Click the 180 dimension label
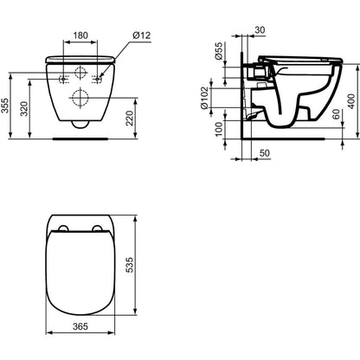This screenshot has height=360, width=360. (80, 35)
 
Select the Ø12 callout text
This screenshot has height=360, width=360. (142, 35)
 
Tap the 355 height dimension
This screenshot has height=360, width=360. (4, 106)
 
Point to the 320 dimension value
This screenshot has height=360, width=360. (24, 109)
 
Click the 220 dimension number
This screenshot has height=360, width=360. (130, 119)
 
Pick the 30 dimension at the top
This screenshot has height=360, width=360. (260, 29)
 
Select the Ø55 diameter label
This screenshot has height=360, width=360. (219, 51)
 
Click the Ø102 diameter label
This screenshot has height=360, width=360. (204, 98)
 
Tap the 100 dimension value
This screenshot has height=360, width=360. (219, 129)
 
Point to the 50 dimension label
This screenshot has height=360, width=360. (265, 153)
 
